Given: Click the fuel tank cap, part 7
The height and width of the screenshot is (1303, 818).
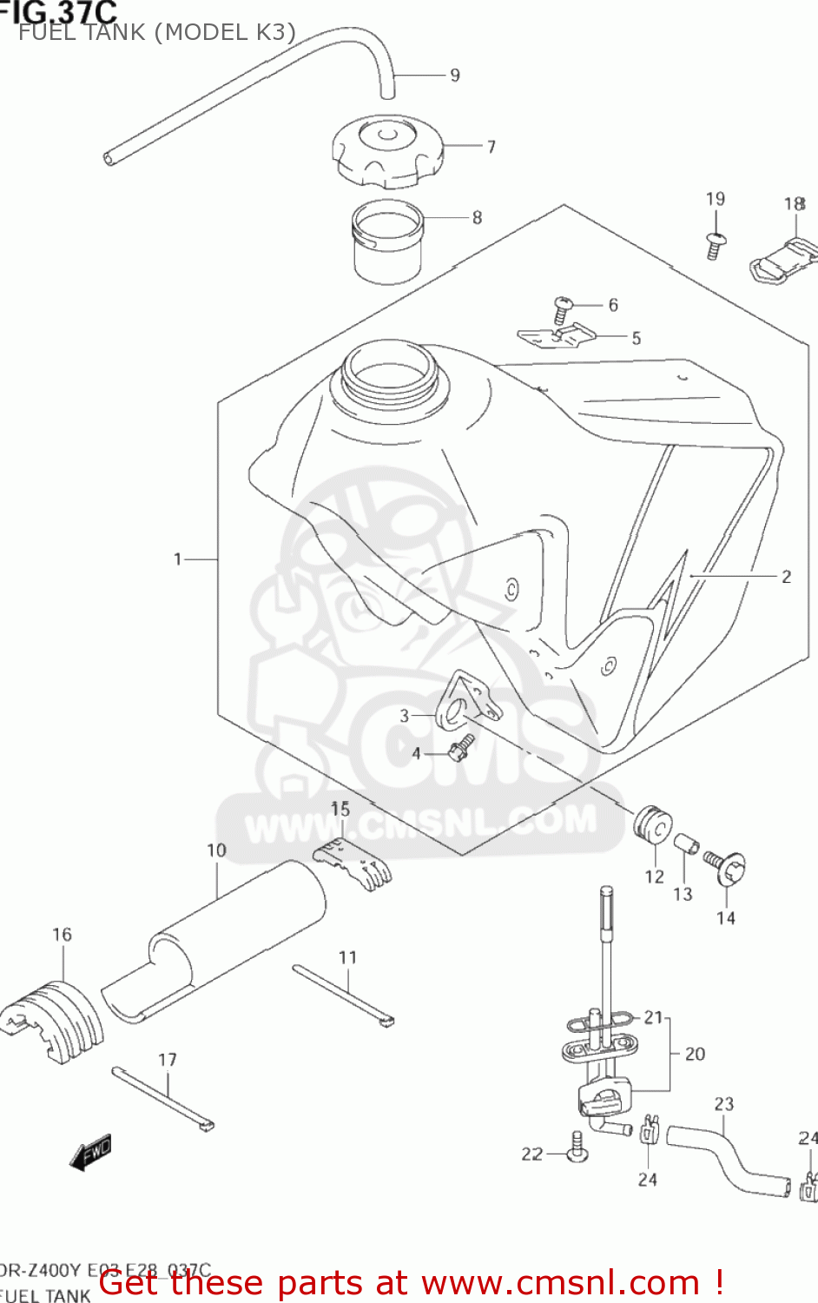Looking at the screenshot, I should point(386,151).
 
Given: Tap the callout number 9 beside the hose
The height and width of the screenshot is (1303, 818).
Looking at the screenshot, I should point(454,76).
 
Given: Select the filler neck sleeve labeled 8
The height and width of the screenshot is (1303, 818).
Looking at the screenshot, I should point(386,241).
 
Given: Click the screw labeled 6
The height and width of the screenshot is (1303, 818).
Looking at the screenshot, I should point(563,308).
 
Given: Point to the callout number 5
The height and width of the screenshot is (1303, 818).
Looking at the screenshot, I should point(636,339).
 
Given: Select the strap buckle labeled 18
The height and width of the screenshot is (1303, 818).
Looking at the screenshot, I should point(784,258).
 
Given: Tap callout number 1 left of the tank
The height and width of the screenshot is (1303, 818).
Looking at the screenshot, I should point(178,559).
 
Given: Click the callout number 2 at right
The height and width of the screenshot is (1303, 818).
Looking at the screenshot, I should point(786,577).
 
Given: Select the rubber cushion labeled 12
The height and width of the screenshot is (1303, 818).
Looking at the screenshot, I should point(653,824).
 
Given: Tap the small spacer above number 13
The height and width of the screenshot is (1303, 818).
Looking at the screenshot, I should point(686,844).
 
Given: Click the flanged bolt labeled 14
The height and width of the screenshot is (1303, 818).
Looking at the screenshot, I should point(725,867).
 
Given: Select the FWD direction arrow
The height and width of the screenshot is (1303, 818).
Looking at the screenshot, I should point(91,1153).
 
